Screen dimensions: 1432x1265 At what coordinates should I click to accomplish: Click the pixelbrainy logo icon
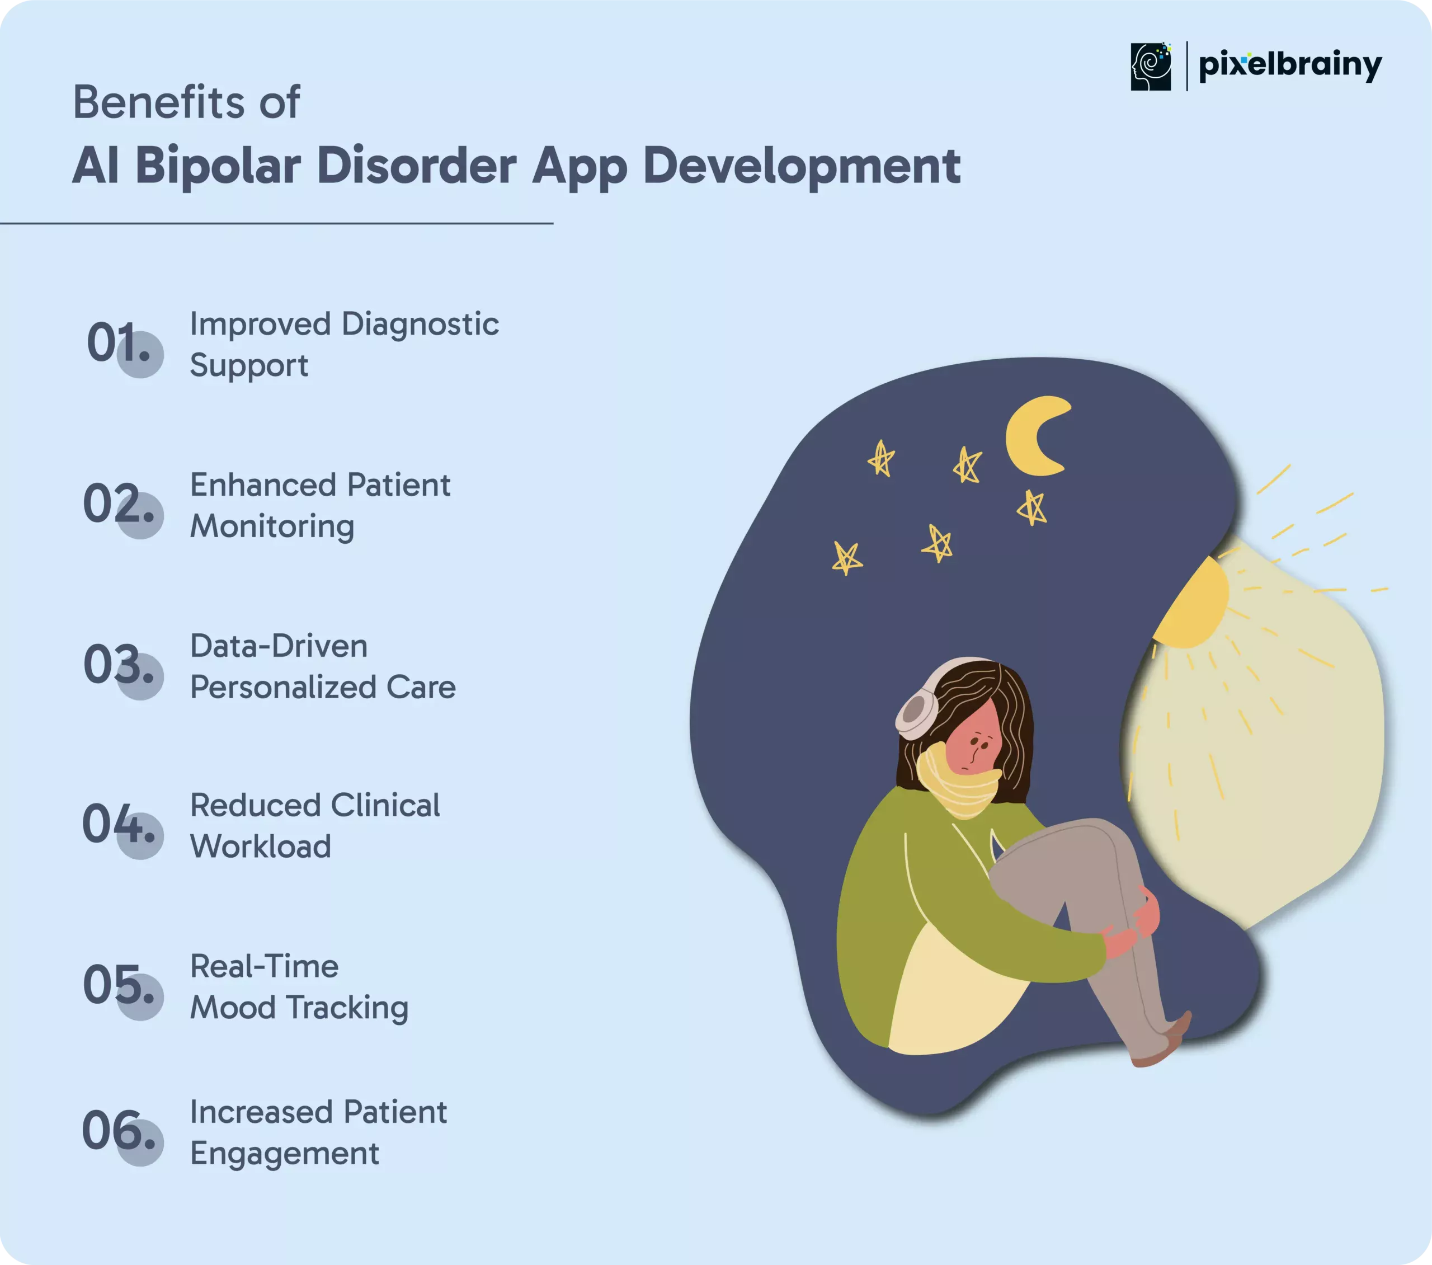coord(1151,67)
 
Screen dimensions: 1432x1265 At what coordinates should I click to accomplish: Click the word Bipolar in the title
coord(218,167)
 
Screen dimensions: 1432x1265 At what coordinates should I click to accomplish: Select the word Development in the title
coord(802,167)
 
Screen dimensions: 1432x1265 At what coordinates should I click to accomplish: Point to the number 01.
coord(119,343)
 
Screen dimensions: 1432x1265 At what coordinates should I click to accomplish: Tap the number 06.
coord(119,1130)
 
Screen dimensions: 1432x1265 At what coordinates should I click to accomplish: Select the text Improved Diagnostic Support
coord(344,345)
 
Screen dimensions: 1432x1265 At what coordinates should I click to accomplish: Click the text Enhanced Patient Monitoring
coord(320,505)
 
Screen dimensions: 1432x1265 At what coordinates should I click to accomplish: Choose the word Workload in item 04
coord(261,847)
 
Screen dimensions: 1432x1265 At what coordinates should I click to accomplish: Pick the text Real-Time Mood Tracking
coord(299,987)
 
